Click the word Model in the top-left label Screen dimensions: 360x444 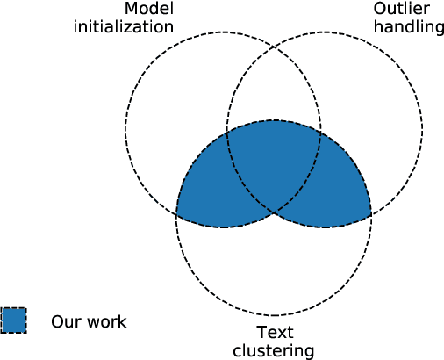coord(148,9)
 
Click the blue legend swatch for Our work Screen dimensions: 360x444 coord(14,320)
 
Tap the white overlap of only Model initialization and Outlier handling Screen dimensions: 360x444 coord(274,88)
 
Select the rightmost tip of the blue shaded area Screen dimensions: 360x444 coord(371,214)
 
